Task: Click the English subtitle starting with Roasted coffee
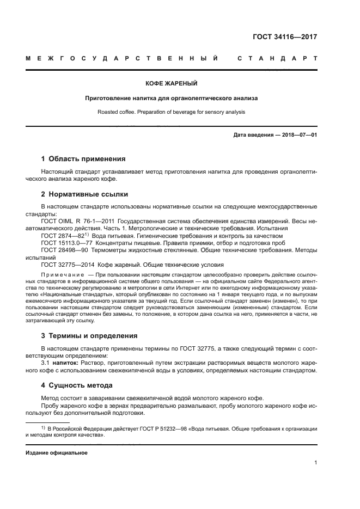171,112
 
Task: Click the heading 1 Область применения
83,159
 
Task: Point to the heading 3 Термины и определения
89,335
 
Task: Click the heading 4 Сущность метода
77,385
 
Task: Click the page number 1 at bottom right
315,463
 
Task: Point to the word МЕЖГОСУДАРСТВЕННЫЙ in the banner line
122,58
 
